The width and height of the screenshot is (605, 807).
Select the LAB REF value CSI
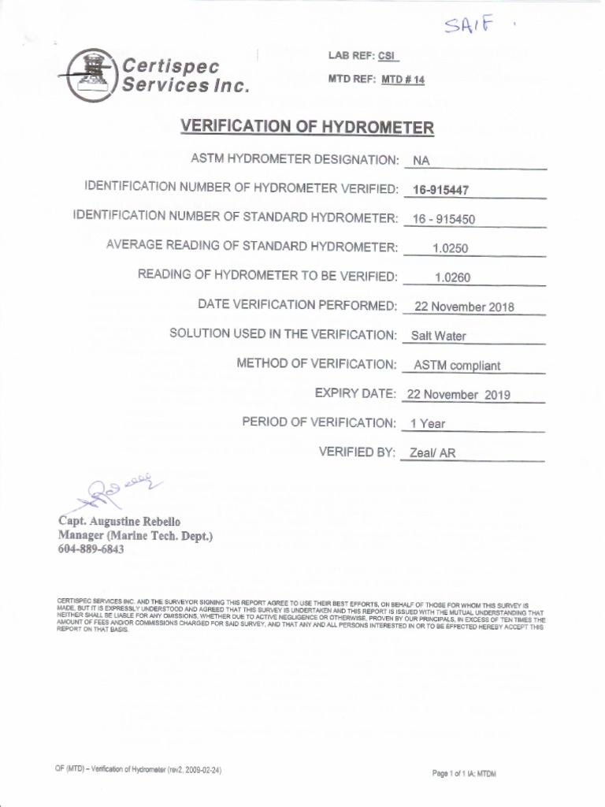(x=386, y=56)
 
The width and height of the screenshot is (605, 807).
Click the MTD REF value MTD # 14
(x=403, y=80)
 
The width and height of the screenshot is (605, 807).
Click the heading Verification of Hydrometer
(x=307, y=128)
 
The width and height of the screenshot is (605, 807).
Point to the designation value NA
(x=421, y=161)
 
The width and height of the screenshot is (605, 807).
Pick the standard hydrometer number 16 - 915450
(x=444, y=219)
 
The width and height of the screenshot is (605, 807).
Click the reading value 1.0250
(x=450, y=248)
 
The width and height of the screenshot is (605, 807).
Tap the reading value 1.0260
(x=452, y=277)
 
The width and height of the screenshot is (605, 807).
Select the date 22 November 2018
(x=463, y=307)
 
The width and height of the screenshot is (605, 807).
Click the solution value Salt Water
(x=438, y=336)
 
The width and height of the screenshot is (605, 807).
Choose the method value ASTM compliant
(x=457, y=366)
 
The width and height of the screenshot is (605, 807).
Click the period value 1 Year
(x=427, y=424)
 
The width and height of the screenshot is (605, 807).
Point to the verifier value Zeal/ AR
(x=432, y=453)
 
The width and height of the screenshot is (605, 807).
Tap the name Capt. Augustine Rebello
(x=119, y=522)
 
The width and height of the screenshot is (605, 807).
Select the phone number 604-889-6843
(x=91, y=549)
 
